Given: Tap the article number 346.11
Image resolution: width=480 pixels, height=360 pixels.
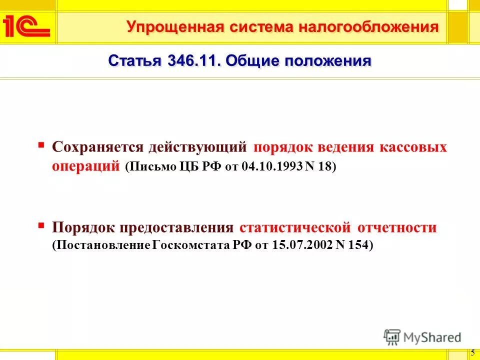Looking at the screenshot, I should (x=191, y=61).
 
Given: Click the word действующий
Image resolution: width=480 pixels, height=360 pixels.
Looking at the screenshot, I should (x=197, y=147).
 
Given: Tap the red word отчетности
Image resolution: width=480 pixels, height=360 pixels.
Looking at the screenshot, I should (x=397, y=228).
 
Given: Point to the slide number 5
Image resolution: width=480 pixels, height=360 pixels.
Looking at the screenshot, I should (x=472, y=352).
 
